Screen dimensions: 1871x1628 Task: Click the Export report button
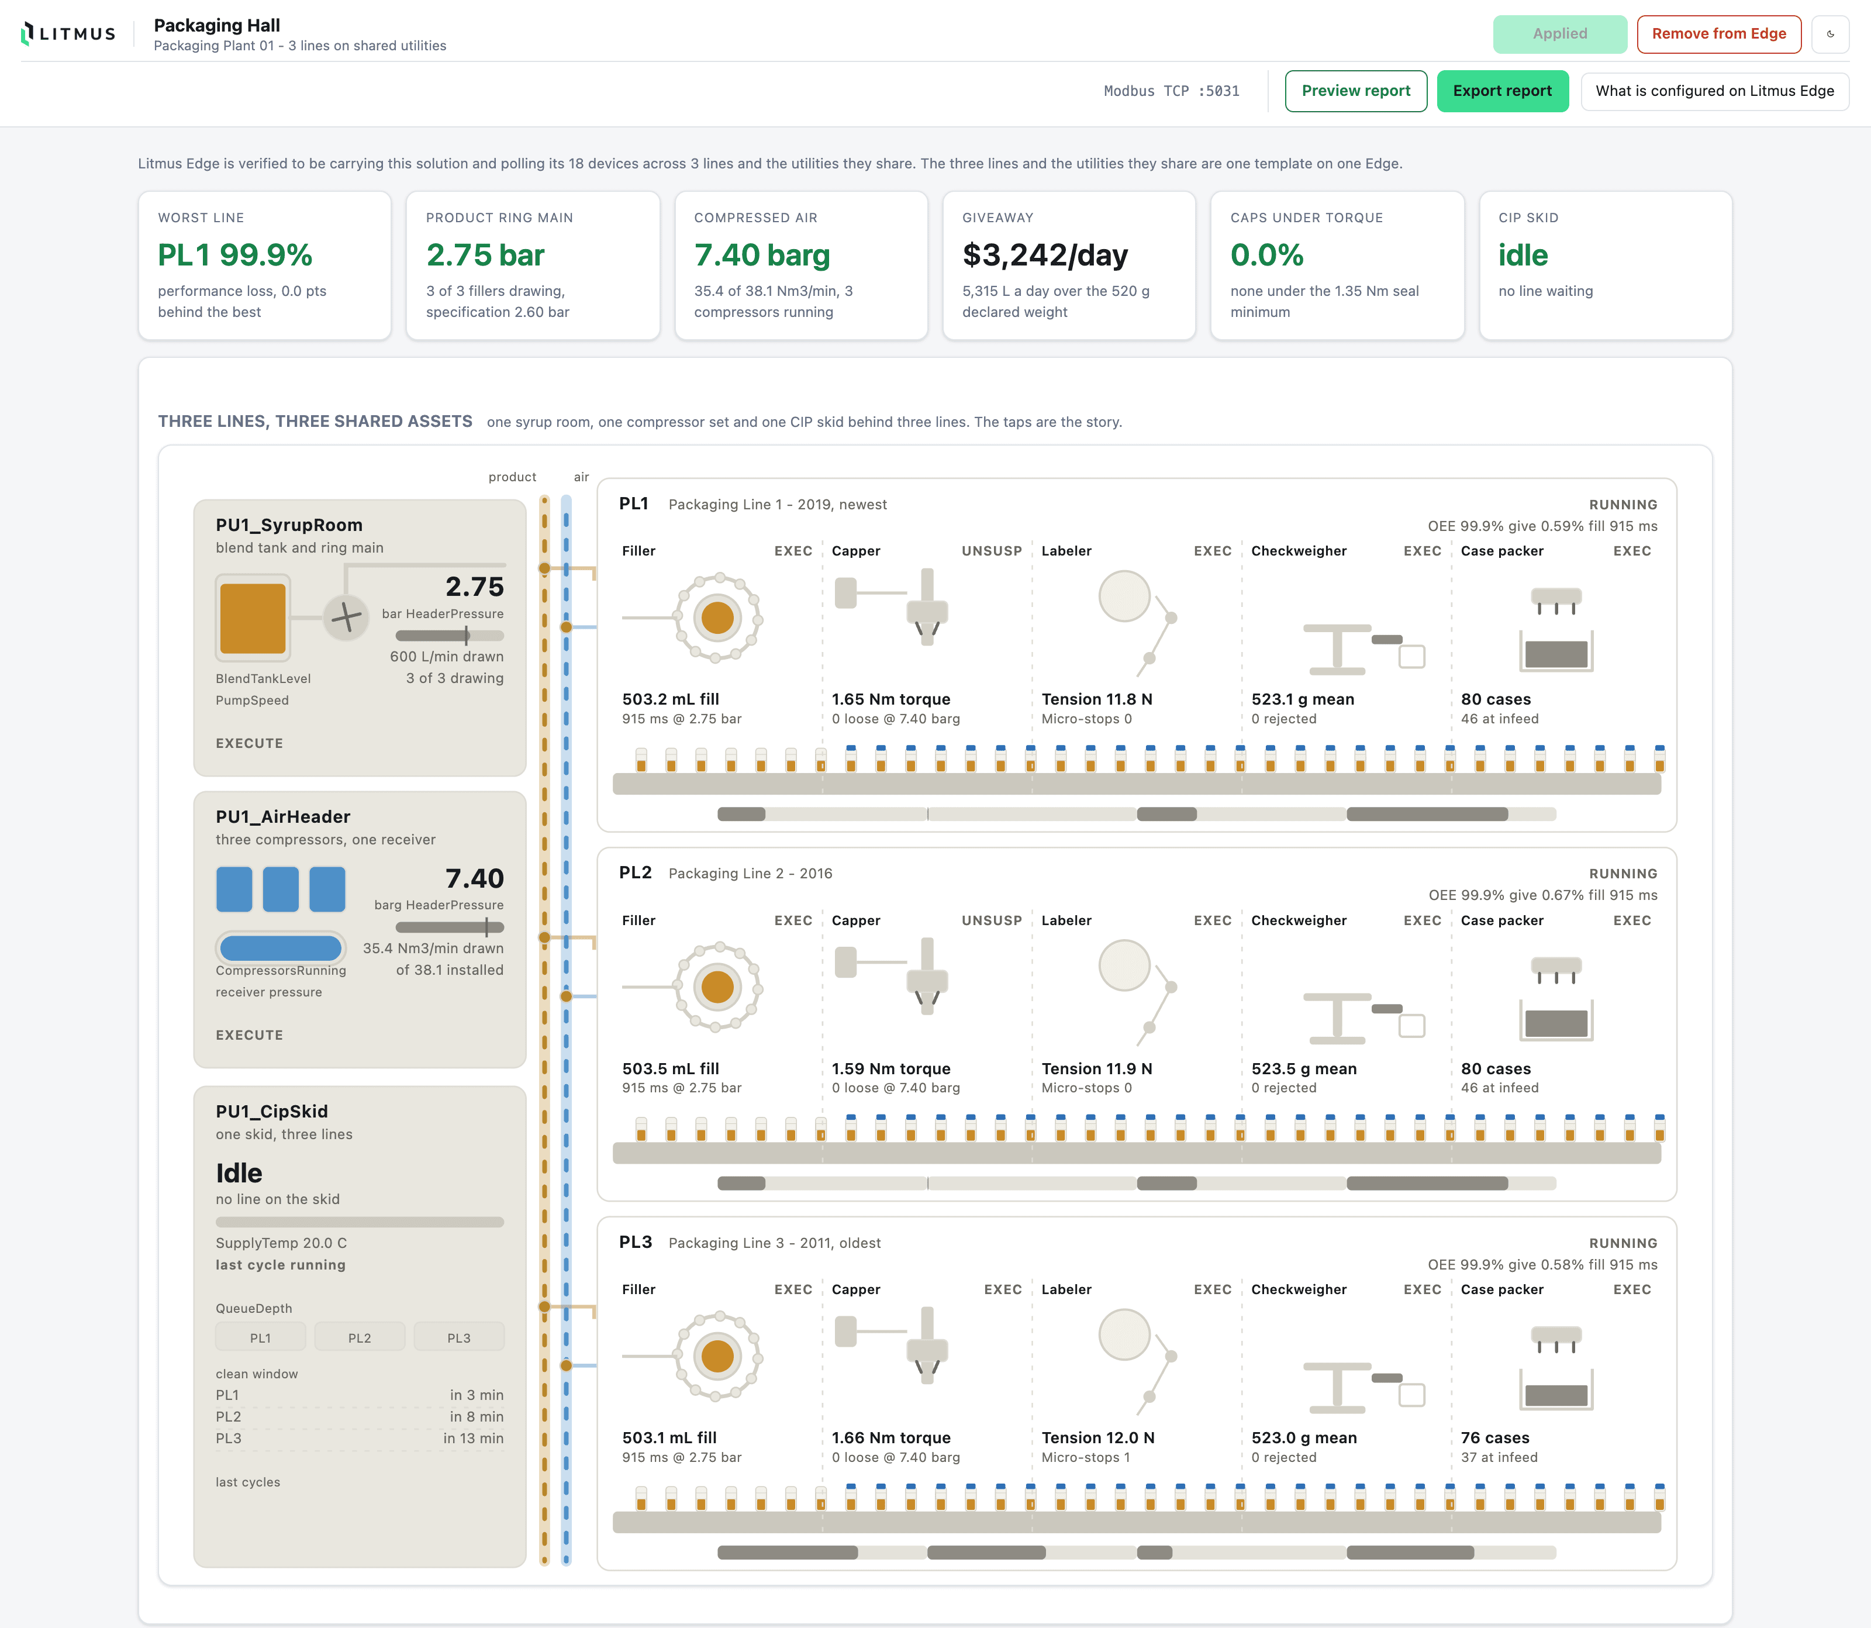(1502, 91)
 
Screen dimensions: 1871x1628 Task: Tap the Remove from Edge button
(1718, 33)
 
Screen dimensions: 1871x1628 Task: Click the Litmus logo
(68, 33)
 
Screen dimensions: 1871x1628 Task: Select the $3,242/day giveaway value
(1044, 256)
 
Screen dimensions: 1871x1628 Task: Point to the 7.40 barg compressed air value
(762, 256)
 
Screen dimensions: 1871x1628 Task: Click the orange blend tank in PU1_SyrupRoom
(253, 618)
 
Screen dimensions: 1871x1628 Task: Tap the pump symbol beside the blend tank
(346, 618)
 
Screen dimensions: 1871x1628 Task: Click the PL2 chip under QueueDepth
(360, 1337)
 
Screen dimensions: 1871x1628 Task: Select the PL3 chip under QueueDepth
(458, 1337)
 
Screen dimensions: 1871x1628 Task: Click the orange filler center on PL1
(717, 618)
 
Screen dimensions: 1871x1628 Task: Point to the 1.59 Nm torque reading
(891, 1068)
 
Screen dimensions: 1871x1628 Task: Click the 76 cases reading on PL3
(1495, 1437)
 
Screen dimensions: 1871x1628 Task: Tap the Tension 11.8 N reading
(1096, 699)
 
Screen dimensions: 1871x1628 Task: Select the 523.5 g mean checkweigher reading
(1303, 1068)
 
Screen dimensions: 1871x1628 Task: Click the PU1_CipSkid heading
(271, 1111)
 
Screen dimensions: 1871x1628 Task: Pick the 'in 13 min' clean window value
(473, 1438)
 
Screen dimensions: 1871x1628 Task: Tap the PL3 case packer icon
(1556, 1367)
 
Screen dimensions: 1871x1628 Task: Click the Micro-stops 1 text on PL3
(1085, 1457)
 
